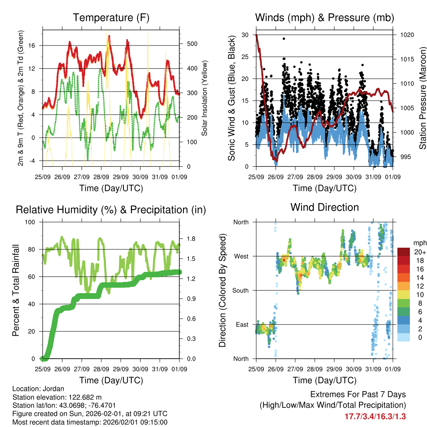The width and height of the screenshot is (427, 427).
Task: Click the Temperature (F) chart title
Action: [111, 18]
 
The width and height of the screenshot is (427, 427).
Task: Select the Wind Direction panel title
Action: [324, 207]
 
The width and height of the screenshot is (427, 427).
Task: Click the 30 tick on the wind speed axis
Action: [245, 35]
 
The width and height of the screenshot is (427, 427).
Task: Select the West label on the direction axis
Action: [241, 256]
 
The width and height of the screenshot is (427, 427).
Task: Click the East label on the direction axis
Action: [241, 325]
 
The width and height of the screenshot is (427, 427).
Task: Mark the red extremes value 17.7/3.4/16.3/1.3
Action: [375, 416]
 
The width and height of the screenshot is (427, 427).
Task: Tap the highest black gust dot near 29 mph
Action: [284, 38]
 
